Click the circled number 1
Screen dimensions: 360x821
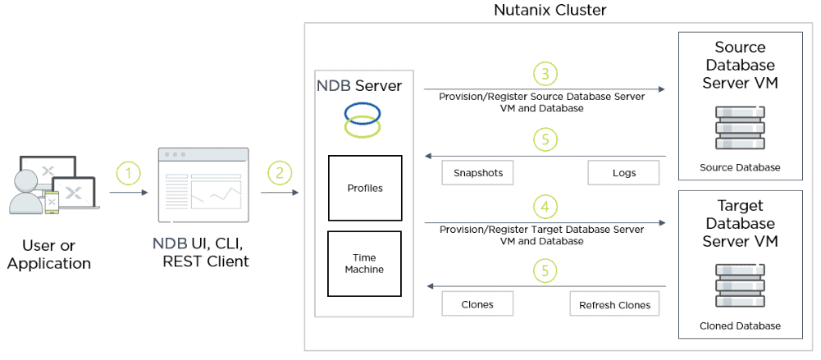tap(129, 173)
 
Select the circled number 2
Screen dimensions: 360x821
tap(281, 173)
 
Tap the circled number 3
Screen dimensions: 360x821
tap(545, 74)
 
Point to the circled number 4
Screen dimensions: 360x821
tap(545, 205)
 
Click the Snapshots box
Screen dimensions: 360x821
tap(478, 173)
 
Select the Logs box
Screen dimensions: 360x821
tap(623, 173)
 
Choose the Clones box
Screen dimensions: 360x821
tap(477, 304)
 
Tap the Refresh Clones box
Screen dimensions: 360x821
tap(614, 304)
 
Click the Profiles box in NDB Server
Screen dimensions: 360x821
tap(365, 188)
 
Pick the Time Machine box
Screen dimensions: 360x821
tap(365, 263)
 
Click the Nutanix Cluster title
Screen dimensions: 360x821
tap(550, 11)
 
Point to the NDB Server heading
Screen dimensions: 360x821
tap(359, 85)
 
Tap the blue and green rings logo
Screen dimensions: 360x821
tap(362, 118)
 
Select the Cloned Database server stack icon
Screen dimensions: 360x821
tap(740, 287)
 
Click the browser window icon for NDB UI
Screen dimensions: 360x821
tap(203, 185)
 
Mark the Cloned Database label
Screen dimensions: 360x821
tap(740, 326)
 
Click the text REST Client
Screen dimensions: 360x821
tap(205, 262)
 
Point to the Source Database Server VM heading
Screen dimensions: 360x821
tap(740, 65)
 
